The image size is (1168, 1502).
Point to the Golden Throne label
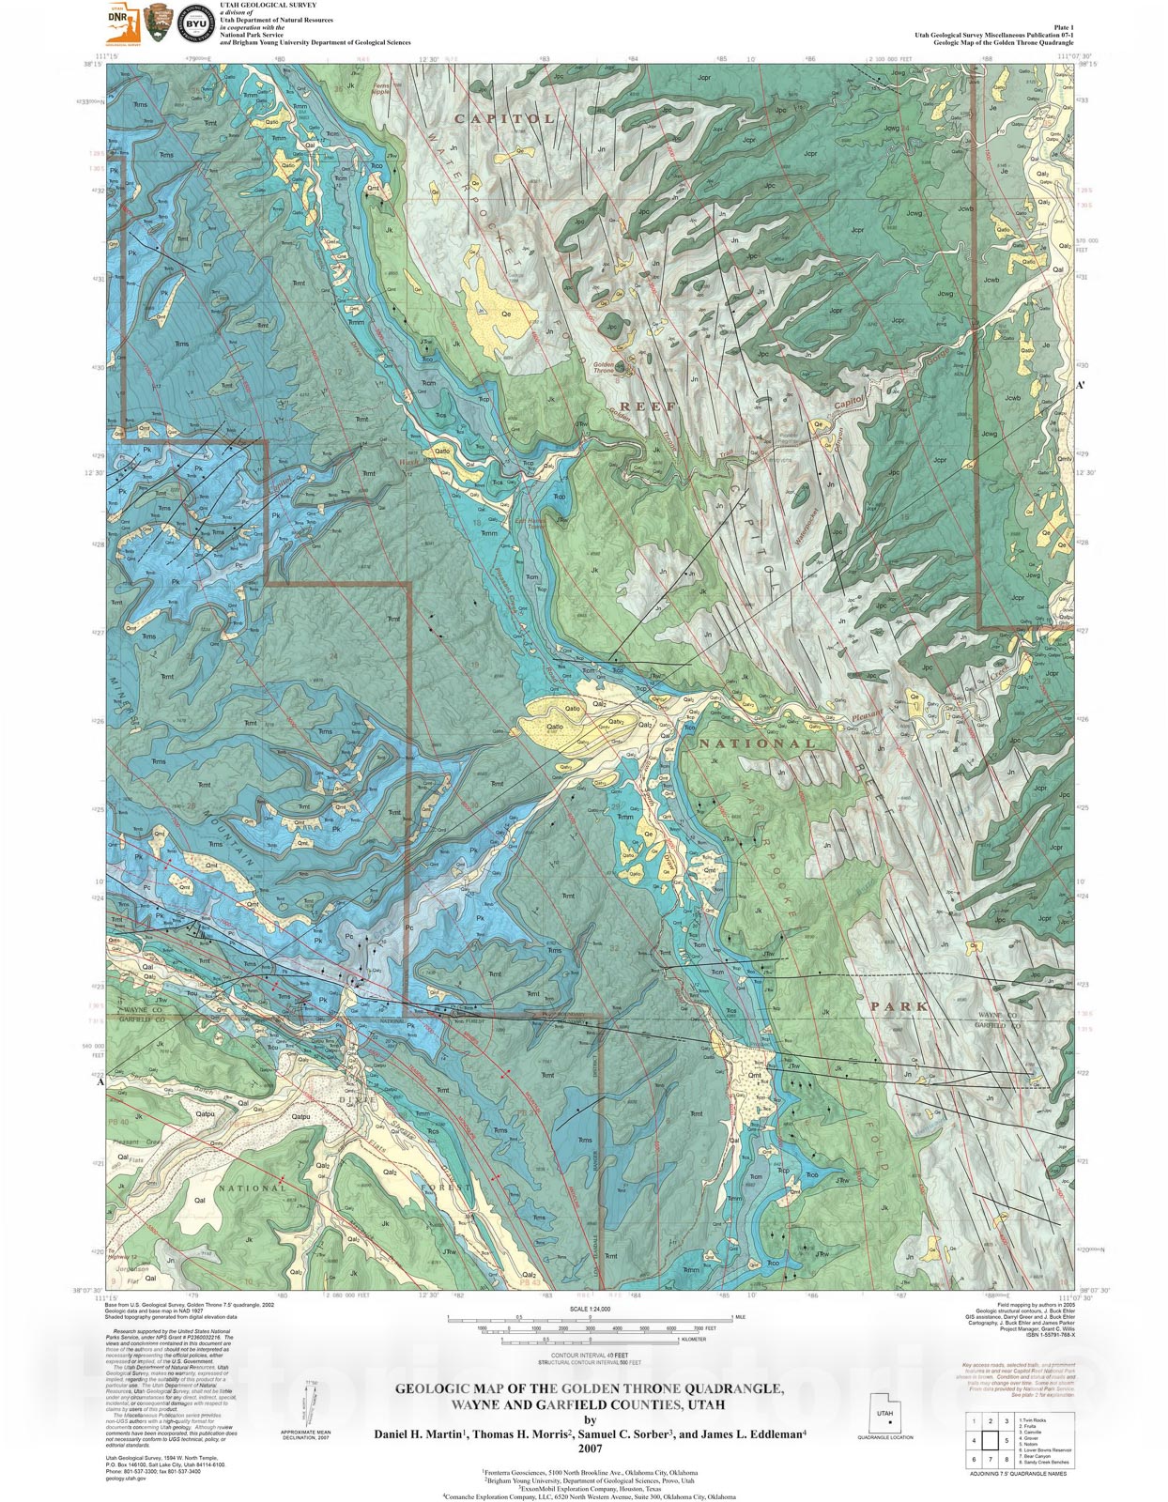(603, 368)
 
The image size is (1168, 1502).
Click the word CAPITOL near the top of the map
(504, 119)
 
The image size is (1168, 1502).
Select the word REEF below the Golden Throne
(647, 406)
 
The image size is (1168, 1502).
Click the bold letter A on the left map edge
(100, 1081)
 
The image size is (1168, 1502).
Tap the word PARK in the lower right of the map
(899, 1006)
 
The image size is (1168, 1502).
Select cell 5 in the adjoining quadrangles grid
(1007, 1440)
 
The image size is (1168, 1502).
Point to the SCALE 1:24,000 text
(590, 1309)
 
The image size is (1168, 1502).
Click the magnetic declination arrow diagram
(307, 1405)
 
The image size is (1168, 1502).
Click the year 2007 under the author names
(590, 1448)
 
